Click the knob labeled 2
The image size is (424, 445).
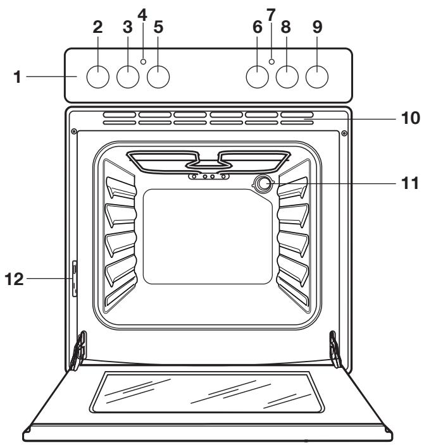coord(97,76)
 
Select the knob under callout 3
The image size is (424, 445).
coord(128,76)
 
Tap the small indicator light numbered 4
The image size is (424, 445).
coord(144,61)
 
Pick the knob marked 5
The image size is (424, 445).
coord(159,76)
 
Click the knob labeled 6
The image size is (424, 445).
coord(256,76)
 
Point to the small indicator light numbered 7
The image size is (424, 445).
coord(271,61)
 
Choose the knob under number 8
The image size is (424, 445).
coord(287,76)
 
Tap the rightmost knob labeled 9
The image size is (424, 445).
coord(318,76)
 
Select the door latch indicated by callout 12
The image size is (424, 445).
coord(75,279)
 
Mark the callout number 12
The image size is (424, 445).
coord(17,279)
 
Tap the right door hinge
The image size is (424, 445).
coord(335,351)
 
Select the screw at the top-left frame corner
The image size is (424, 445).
coord(75,132)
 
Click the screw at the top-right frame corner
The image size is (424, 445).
coord(344,133)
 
